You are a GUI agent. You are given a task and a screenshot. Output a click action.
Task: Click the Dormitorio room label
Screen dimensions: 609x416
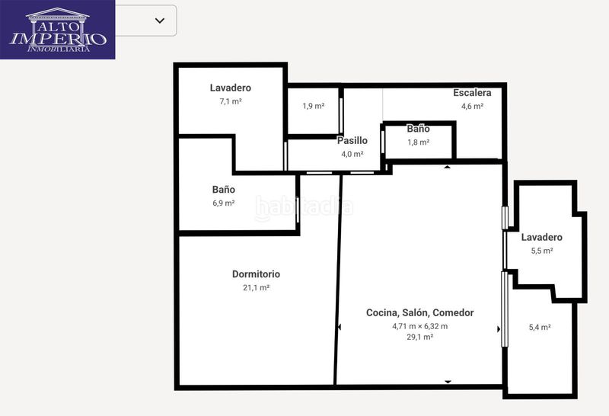click(x=256, y=274)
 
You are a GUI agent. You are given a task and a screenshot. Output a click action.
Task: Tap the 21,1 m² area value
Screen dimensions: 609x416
click(x=256, y=288)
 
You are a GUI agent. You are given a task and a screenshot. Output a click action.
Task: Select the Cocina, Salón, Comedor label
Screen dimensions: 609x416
click(x=420, y=312)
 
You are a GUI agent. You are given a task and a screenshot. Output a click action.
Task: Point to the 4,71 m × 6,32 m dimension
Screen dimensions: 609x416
click(x=420, y=326)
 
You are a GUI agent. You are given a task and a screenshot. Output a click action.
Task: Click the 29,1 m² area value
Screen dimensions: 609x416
click(x=420, y=337)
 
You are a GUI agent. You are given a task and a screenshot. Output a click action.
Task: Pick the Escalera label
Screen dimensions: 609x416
click(x=472, y=93)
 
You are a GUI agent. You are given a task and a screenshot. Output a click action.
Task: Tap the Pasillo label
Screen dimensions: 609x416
click(x=352, y=140)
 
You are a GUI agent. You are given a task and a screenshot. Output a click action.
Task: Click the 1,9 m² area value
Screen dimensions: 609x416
click(x=314, y=106)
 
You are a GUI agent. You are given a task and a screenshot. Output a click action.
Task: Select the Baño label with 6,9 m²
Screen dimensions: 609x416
click(x=224, y=190)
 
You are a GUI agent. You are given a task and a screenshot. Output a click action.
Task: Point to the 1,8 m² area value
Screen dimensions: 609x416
click(x=418, y=142)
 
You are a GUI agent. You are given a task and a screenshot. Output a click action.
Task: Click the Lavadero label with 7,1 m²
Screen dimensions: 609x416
click(x=231, y=88)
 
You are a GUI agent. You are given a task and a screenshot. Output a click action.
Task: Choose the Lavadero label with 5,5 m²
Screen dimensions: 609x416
click(x=542, y=237)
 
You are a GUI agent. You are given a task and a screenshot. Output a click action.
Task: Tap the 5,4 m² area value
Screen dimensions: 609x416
click(x=540, y=328)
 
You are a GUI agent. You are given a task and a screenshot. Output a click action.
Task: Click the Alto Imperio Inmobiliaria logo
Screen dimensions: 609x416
click(x=58, y=30)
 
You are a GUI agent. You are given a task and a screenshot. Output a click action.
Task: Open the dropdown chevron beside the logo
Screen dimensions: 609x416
click(x=160, y=21)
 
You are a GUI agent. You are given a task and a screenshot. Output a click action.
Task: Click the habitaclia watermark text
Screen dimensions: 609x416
click(x=304, y=207)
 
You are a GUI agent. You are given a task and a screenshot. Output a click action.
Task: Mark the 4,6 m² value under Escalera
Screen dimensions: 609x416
click(x=472, y=106)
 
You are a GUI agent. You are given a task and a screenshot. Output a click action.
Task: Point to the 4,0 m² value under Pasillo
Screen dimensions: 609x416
click(x=352, y=154)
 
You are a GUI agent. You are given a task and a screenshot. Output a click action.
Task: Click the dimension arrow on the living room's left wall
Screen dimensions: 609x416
click(x=340, y=328)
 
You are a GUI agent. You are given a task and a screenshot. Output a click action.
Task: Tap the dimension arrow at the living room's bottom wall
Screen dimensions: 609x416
click(x=448, y=382)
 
